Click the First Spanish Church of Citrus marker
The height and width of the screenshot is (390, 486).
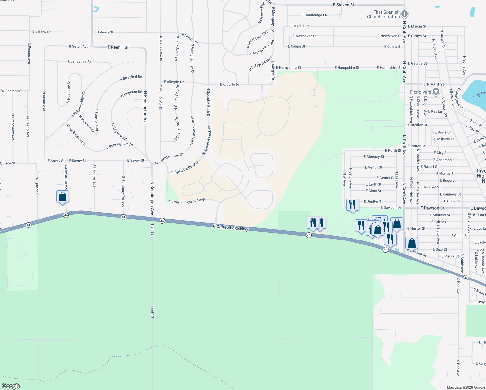coord(404,14)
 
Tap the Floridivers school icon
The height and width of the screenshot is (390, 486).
coord(436,92)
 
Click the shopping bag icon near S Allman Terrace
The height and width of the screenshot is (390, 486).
coord(62,197)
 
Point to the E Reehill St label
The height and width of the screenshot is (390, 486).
coord(118,47)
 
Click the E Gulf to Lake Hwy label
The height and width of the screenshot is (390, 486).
coord(231,228)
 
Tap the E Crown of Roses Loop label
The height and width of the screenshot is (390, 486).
coord(186,201)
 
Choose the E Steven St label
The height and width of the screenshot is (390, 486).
coord(343,5)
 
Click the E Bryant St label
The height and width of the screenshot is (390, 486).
coord(433,84)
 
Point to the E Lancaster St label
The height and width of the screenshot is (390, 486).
coord(79,61)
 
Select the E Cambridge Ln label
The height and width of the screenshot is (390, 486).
coord(314,15)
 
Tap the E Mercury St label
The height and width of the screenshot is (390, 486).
coord(374,157)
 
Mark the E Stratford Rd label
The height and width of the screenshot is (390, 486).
coord(131,78)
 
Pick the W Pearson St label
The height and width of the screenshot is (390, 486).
coord(12,91)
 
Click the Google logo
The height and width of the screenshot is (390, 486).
coord(11,386)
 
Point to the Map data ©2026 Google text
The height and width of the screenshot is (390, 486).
coord(466,387)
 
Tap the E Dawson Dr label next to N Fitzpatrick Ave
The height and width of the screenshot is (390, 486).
coord(432,208)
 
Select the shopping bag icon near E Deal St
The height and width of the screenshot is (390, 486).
coord(412,243)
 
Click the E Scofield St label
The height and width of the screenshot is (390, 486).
coord(440,215)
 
